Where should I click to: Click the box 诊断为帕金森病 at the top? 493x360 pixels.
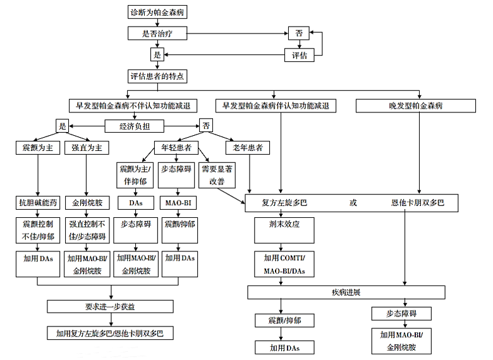tap(157, 12)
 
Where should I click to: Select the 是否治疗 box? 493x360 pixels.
tap(157, 33)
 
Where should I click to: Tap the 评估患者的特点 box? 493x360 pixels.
tap(157, 76)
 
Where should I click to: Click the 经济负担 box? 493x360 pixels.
tap(134, 126)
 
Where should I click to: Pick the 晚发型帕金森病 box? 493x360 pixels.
tap(416, 105)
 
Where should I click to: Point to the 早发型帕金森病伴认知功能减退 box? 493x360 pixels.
tap(276, 105)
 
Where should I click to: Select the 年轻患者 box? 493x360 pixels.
tap(176, 148)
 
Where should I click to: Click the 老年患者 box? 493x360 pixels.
tap(247, 148)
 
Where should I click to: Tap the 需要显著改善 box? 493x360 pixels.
tap(217, 175)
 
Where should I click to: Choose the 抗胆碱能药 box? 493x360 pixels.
tap(38, 203)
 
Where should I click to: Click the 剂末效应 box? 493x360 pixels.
tap(284, 231)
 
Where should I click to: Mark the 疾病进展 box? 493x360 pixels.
tap(346, 292)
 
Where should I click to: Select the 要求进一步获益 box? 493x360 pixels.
tap(110, 306)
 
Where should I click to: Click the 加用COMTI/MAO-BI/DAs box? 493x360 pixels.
tap(284, 264)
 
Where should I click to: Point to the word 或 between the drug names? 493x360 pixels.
tap(353, 203)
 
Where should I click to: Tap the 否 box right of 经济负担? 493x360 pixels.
tap(206, 126)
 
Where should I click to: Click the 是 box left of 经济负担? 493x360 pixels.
tap(62, 126)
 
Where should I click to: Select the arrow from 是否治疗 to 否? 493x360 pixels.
tap(238, 33)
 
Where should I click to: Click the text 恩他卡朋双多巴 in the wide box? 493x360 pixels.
tap(418, 203)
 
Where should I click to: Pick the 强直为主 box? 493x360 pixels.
tap(87, 148)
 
